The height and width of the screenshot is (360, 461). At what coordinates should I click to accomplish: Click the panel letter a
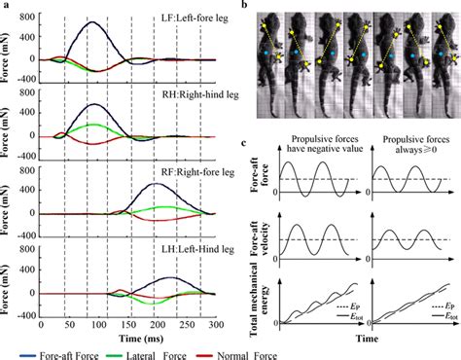5,6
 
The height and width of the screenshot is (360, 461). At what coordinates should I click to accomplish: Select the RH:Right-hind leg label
182,97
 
